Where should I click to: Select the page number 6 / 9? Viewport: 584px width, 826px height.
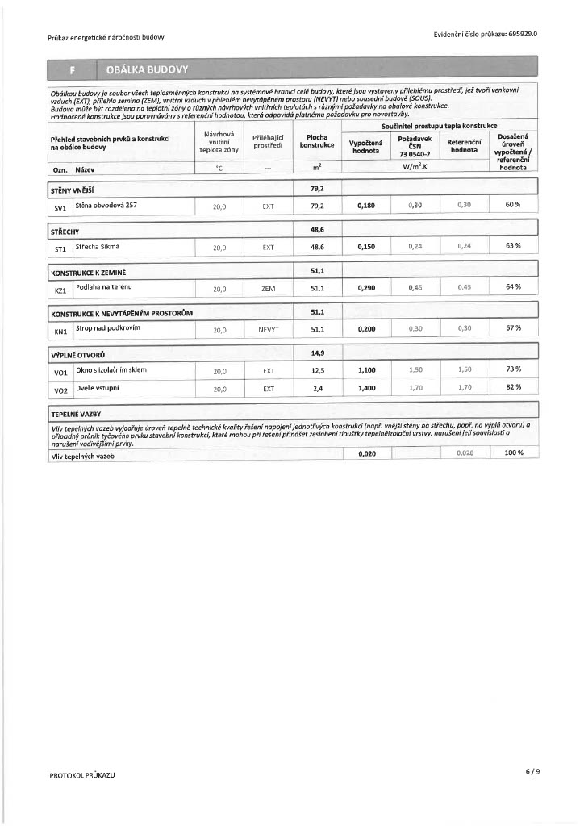(532, 770)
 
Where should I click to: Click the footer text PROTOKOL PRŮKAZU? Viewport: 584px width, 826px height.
(82, 775)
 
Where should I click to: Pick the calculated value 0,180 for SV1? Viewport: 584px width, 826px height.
(366, 206)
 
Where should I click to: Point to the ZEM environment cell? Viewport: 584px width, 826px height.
(269, 288)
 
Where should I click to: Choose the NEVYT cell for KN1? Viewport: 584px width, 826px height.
(269, 329)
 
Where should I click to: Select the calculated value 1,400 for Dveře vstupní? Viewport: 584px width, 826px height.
(366, 388)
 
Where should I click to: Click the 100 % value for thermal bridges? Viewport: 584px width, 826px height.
(513, 453)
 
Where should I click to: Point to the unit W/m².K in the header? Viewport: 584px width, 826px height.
(415, 167)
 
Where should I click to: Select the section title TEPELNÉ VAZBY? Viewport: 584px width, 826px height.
(76, 413)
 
